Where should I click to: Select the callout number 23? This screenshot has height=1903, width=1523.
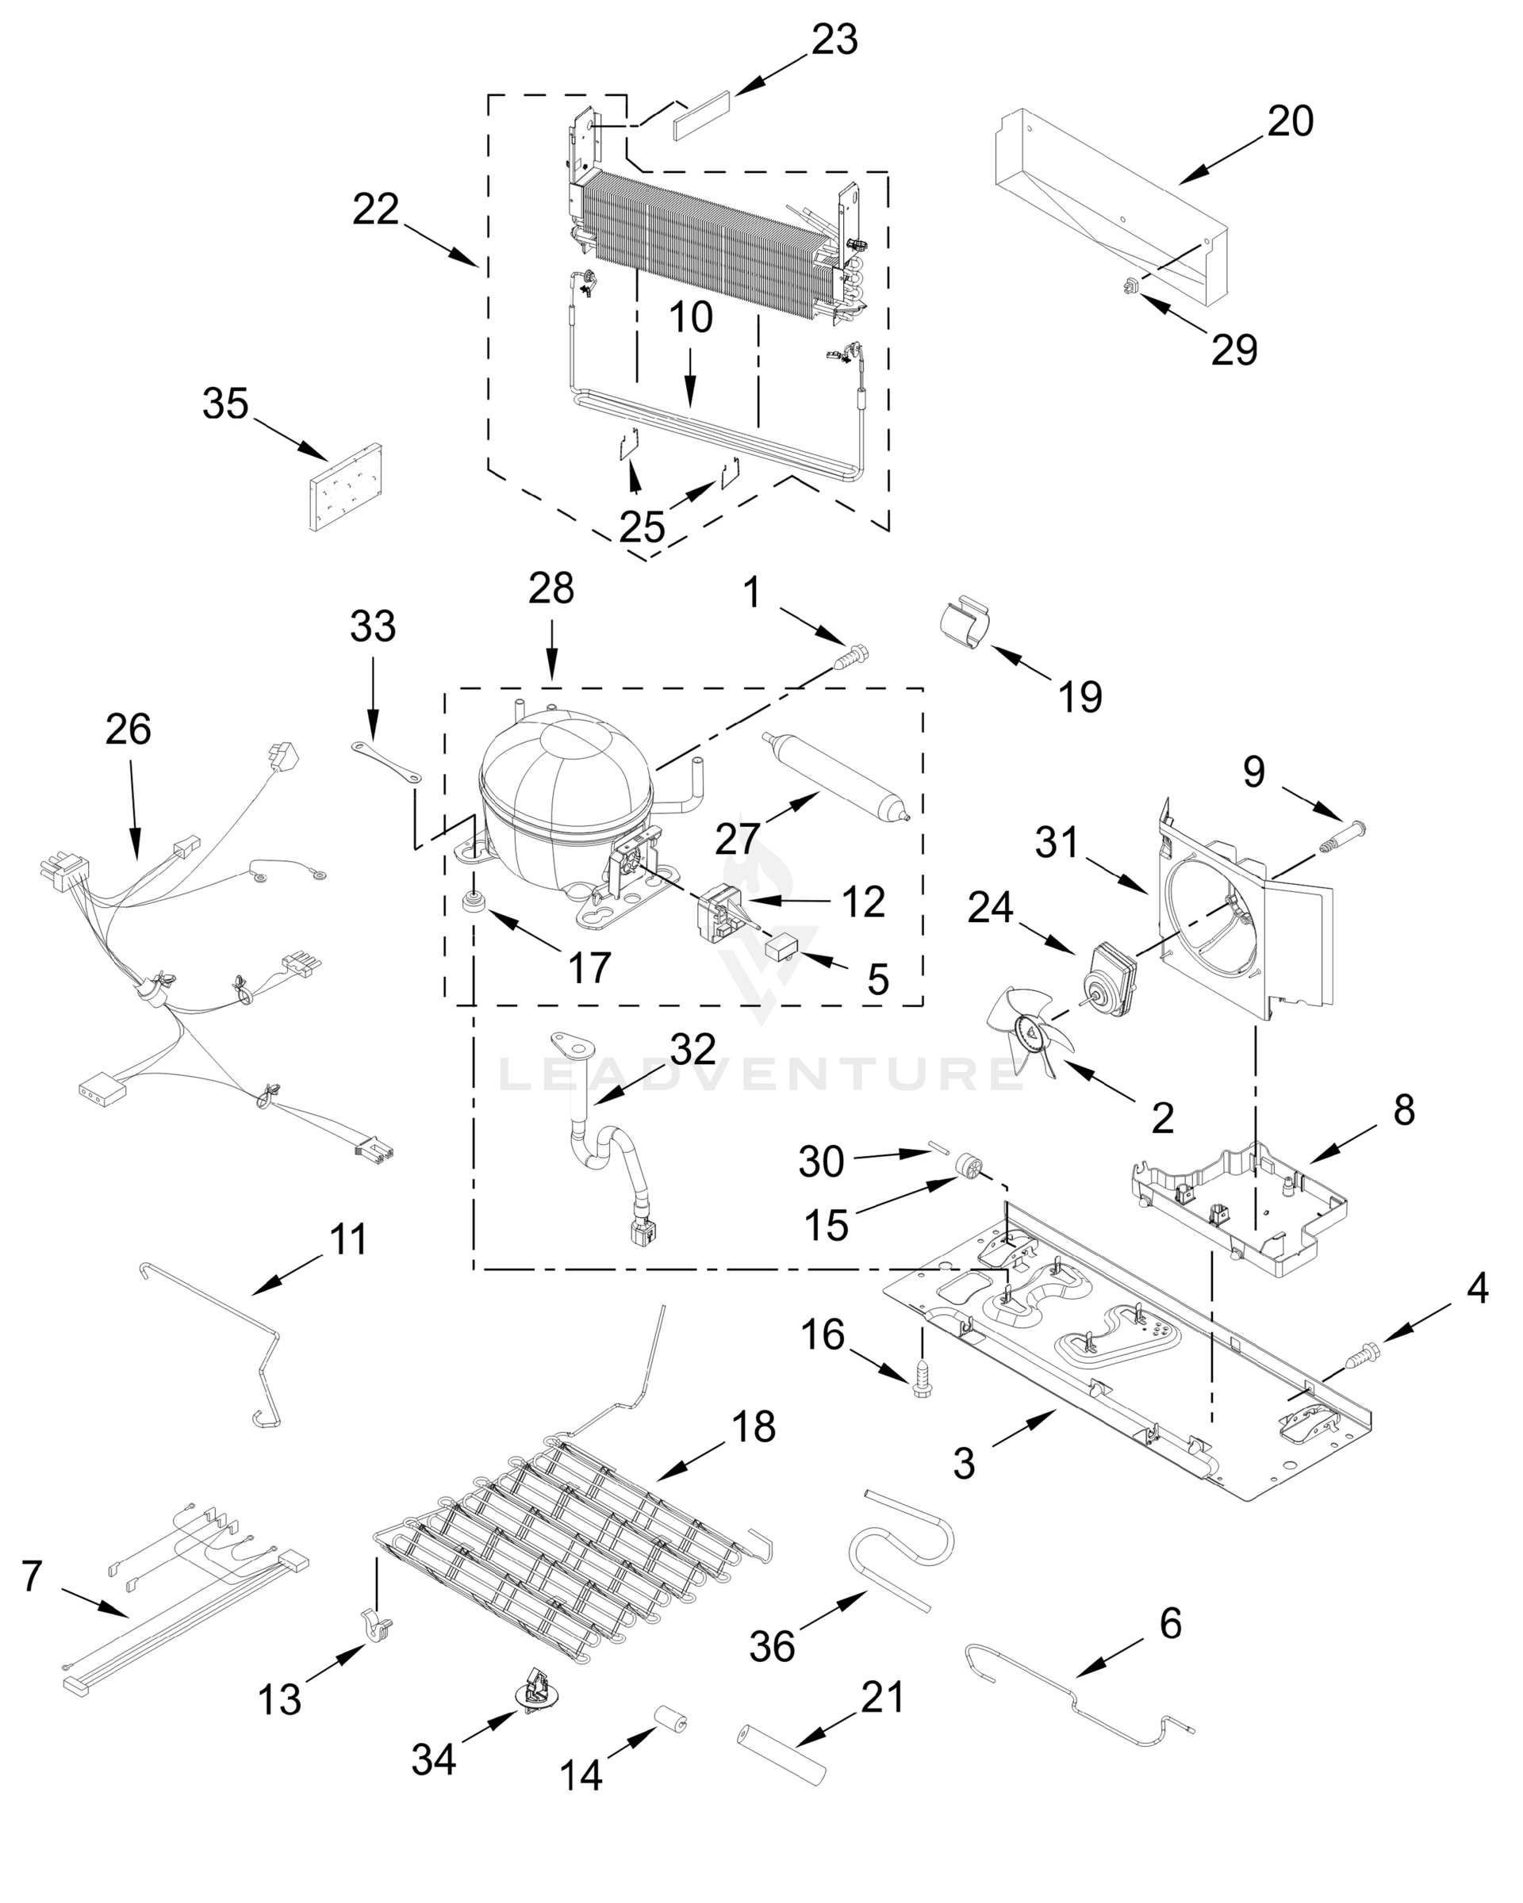click(834, 40)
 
